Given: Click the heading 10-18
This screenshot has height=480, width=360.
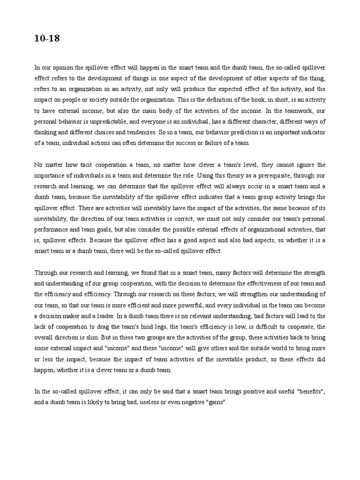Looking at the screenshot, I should pyautogui.click(x=47, y=39).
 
